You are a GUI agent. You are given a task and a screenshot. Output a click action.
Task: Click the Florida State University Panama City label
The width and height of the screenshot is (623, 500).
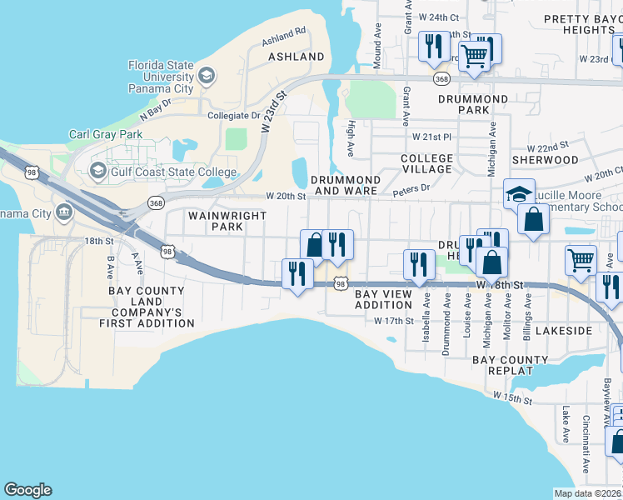click(161, 77)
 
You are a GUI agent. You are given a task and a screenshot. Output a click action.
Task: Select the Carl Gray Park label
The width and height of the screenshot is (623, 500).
click(106, 134)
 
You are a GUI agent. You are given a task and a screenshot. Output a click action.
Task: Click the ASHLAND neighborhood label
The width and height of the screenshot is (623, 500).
click(296, 57)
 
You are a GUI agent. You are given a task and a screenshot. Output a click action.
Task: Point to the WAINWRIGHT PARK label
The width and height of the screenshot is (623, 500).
click(215, 221)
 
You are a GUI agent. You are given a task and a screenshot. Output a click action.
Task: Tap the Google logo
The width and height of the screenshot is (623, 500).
click(27, 490)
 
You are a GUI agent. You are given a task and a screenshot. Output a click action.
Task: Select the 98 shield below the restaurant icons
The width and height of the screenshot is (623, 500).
click(341, 284)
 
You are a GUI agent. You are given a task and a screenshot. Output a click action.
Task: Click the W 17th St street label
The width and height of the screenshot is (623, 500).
click(394, 321)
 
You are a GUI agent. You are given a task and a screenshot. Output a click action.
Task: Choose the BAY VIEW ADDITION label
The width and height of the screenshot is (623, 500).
click(384, 300)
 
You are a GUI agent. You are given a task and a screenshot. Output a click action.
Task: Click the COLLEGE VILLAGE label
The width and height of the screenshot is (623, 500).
click(426, 163)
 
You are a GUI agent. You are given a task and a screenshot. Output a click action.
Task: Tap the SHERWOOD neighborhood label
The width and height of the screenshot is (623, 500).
click(545, 159)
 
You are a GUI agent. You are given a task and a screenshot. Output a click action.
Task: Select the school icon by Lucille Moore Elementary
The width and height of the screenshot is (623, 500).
click(519, 194)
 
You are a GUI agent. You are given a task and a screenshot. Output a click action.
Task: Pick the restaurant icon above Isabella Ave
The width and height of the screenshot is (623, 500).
click(416, 262)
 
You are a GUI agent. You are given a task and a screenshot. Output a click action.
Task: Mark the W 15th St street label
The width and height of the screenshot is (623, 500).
click(511, 398)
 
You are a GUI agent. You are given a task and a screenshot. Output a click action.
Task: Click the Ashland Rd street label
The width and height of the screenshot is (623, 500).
click(284, 36)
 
